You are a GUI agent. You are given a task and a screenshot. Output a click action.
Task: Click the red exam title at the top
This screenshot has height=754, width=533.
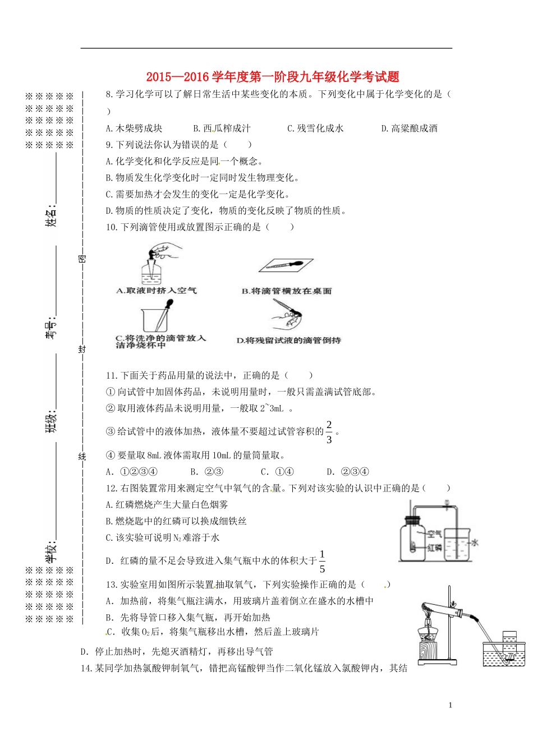click(x=273, y=77)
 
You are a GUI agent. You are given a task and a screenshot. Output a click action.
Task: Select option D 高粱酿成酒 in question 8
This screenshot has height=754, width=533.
click(x=409, y=128)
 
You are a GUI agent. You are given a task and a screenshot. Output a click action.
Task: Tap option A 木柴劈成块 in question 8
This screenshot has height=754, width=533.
click(x=134, y=128)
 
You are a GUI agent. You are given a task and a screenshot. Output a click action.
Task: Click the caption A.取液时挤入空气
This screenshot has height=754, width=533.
click(x=157, y=291)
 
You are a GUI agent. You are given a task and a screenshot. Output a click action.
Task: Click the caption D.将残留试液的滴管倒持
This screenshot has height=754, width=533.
click(x=288, y=341)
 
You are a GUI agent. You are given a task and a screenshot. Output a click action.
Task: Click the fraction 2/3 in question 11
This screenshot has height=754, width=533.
click(x=329, y=432)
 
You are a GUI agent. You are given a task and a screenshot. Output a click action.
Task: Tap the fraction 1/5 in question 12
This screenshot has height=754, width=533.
click(x=322, y=562)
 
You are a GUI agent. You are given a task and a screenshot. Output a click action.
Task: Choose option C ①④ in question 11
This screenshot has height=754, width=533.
click(x=278, y=472)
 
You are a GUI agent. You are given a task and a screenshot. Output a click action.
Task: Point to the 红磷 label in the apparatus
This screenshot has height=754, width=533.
click(x=434, y=548)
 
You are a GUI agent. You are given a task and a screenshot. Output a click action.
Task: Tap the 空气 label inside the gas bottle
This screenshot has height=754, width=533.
click(x=434, y=534)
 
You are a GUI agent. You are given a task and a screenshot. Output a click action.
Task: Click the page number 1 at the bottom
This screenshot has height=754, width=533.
click(x=450, y=705)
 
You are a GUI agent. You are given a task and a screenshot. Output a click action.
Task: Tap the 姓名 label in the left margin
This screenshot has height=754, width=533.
click(x=51, y=215)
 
